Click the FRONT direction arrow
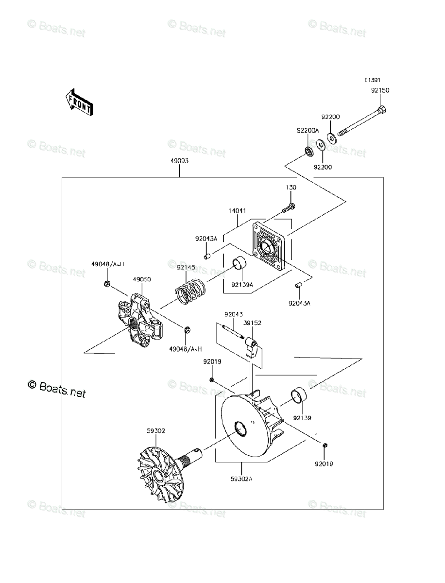[x=79, y=102]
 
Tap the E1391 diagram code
[x=373, y=81]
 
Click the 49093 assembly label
[x=179, y=161]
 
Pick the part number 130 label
[x=291, y=188]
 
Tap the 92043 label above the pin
[x=233, y=315]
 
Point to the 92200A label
[x=308, y=131]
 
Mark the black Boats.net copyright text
[x=57, y=388]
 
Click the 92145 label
[x=186, y=267]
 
